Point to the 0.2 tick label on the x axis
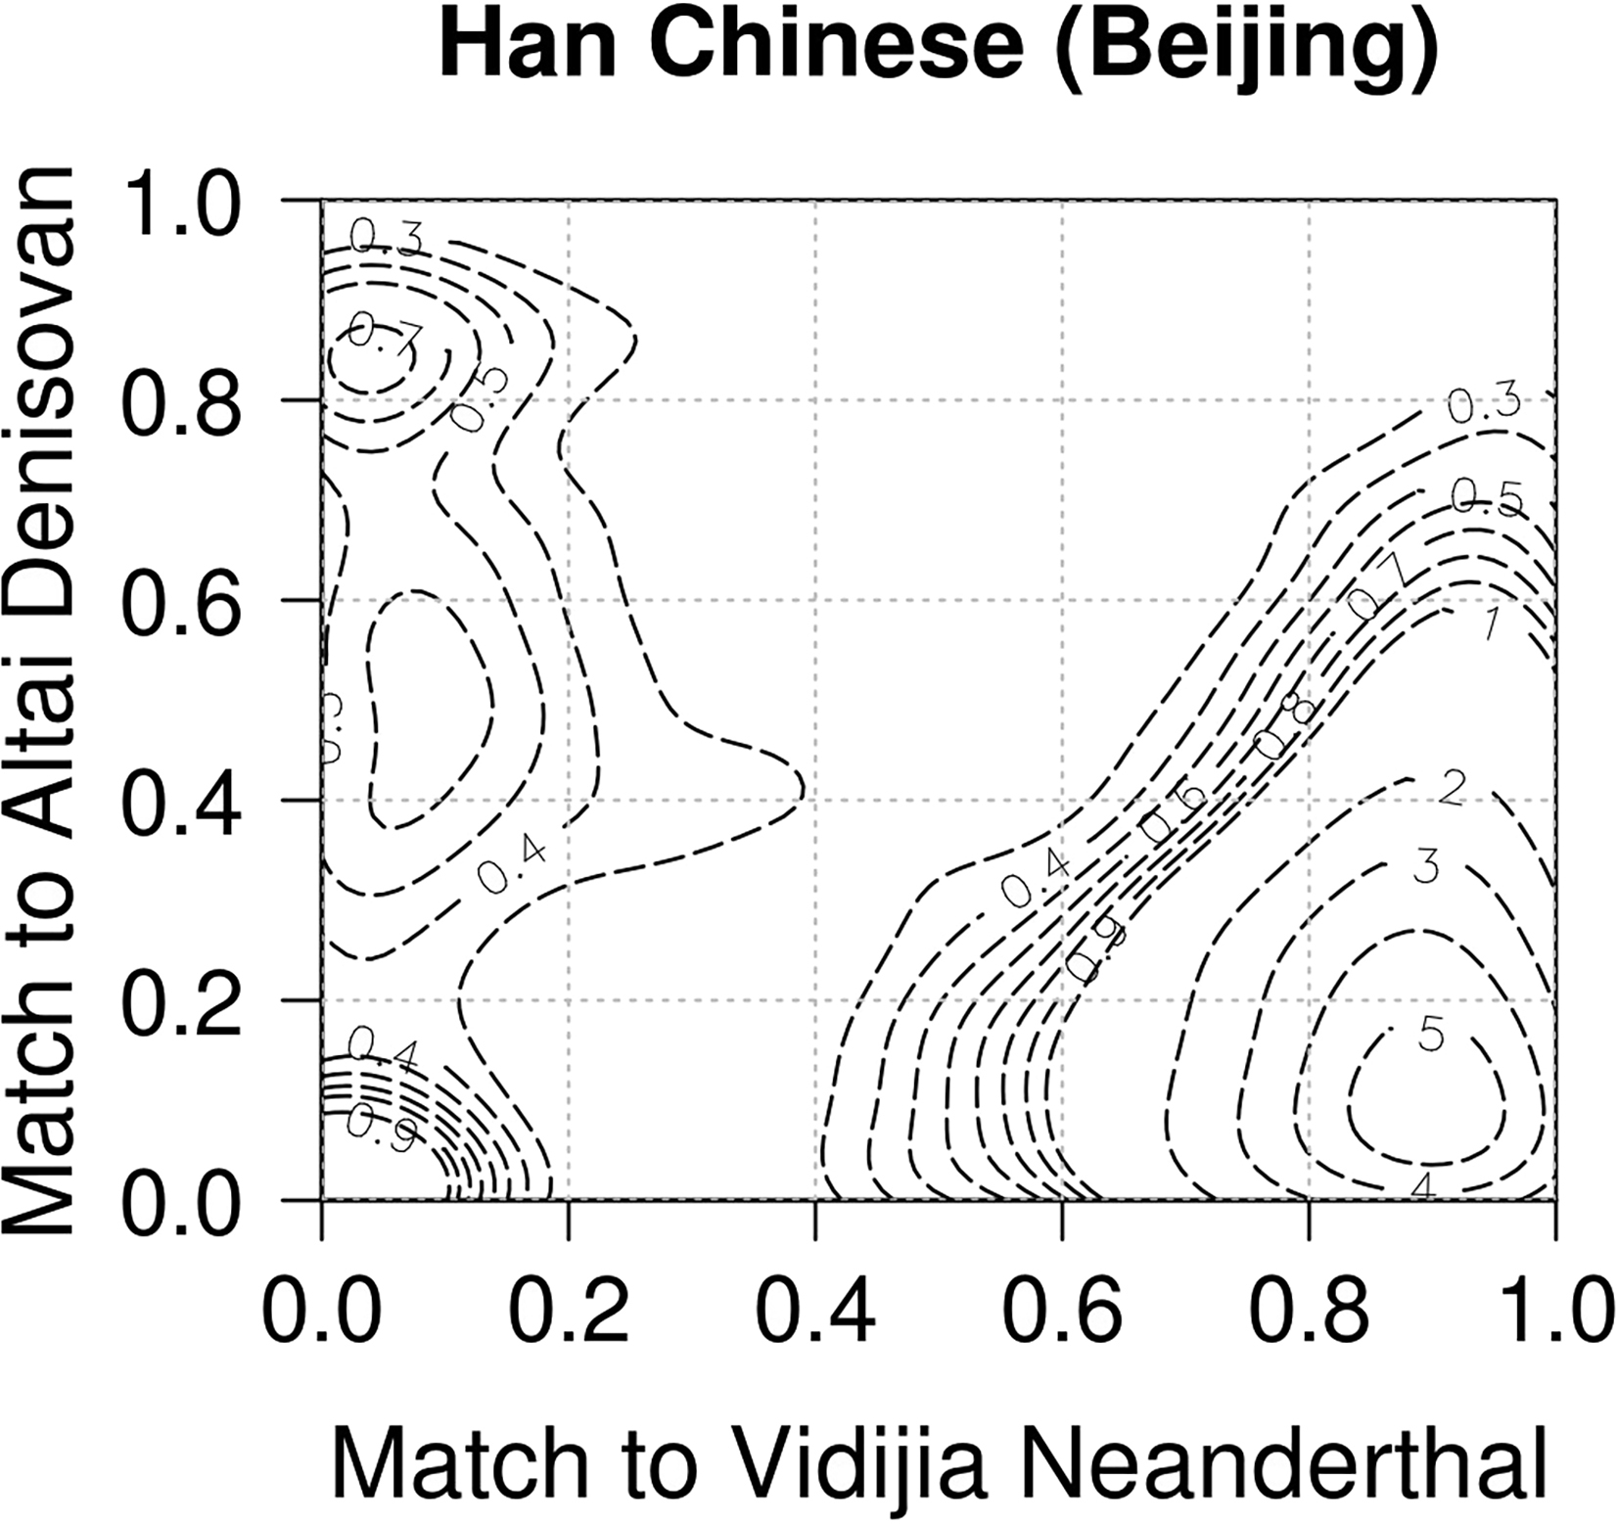pyautogui.click(x=569, y=1315)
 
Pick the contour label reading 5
pyautogui.click(x=1431, y=1034)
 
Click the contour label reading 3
pyautogui.click(x=1427, y=866)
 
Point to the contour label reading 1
pyautogui.click(x=1491, y=623)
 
